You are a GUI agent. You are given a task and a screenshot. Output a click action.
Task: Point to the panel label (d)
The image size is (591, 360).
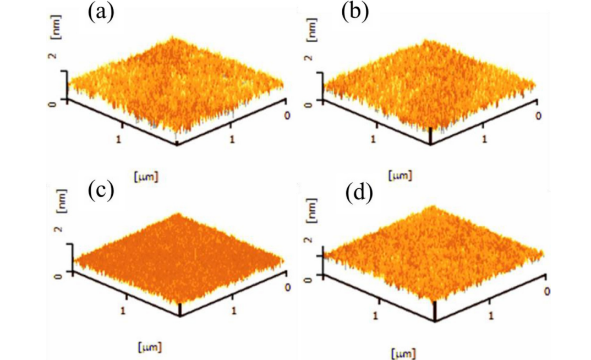[x=359, y=193]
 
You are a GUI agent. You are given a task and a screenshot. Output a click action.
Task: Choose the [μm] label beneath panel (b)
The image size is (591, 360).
[x=399, y=176]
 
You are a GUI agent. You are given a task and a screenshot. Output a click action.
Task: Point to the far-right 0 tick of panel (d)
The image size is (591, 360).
[x=546, y=291]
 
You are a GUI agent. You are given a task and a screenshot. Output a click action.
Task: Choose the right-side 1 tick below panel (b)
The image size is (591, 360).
[x=484, y=139]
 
